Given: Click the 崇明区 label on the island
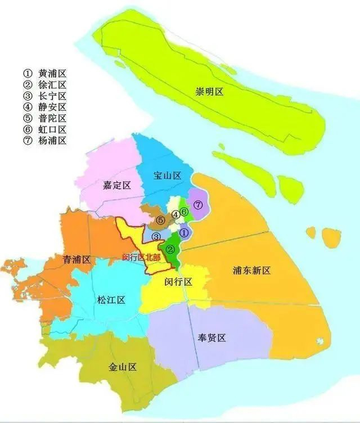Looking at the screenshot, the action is pyautogui.click(x=210, y=92).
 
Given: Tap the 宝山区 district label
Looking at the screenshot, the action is pyautogui.click(x=168, y=175).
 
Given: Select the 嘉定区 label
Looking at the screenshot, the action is pyautogui.click(x=117, y=186).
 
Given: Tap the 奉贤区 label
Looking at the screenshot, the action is pyautogui.click(x=211, y=338).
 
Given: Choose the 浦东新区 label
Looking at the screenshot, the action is pyautogui.click(x=251, y=271).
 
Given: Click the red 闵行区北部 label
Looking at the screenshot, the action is pyautogui.click(x=141, y=258).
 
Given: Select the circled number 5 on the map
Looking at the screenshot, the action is pyautogui.click(x=161, y=220).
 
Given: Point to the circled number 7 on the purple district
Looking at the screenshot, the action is pyautogui.click(x=197, y=205).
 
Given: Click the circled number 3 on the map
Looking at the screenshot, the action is pyautogui.click(x=156, y=236).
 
